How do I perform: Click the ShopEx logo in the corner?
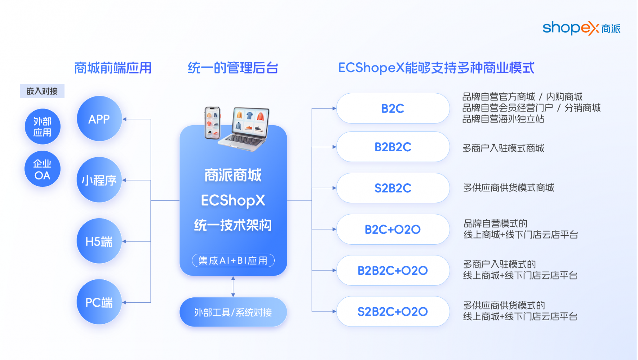pos(581,28)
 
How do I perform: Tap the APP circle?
pos(99,119)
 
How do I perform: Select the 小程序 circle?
pos(99,180)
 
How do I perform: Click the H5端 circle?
pos(99,241)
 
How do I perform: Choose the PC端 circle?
pos(99,302)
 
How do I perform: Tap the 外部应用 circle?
pos(43,127)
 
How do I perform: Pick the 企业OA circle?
pos(43,169)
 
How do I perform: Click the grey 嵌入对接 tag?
pos(42,91)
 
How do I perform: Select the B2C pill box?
pos(393,108)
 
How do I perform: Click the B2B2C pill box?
pos(393,147)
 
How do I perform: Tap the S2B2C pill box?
pos(393,188)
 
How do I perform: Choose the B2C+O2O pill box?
pos(393,229)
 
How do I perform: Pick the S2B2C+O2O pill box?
pos(393,311)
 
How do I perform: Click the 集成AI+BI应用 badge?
pos(233,260)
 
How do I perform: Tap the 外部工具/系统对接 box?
pos(233,312)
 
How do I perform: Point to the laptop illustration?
pos(245,128)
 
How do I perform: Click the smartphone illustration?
pos(212,122)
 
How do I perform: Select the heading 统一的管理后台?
pos(233,68)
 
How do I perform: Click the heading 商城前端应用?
pos(113,68)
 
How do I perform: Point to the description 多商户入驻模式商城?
pos(503,148)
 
